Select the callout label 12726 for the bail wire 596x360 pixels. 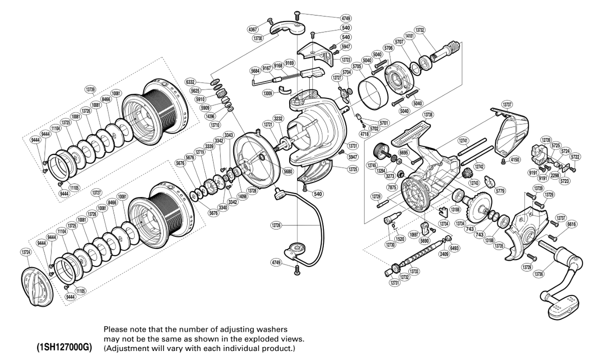(x=276, y=226)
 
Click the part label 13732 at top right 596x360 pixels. (x=419, y=30)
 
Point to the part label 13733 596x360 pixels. (x=414, y=271)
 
